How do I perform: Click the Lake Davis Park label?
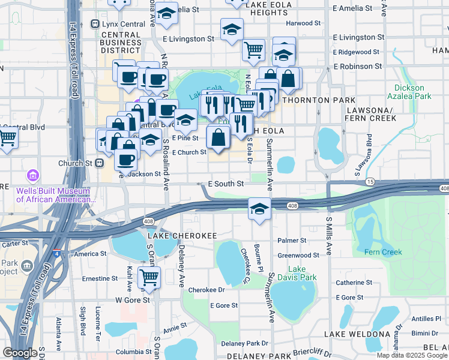pos(302,273)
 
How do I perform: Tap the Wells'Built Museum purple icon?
pos(33,176)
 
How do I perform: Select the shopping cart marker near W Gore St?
pos(149,277)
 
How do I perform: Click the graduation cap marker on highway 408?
pos(259,208)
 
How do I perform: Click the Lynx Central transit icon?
pos(95,24)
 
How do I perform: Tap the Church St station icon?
pos(100,163)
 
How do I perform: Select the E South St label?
pos(226,184)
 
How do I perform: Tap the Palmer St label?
pos(292,240)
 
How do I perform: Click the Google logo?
pos(20,353)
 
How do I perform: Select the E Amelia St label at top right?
pos(354,8)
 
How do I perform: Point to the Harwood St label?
pos(303,23)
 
